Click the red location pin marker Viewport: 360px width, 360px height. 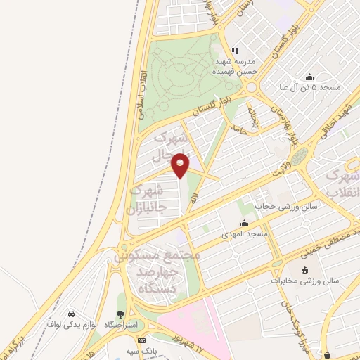181,165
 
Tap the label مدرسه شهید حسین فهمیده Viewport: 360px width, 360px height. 236,66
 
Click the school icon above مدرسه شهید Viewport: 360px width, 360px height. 236,51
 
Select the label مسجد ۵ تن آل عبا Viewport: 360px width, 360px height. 309,88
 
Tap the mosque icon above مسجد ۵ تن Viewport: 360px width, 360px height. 309,77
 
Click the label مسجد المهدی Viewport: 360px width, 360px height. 243,233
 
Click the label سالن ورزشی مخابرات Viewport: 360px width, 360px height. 304,281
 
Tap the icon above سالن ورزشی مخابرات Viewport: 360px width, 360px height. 304,270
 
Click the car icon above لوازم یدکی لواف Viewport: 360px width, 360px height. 71,313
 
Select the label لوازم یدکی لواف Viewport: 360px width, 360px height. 70,324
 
